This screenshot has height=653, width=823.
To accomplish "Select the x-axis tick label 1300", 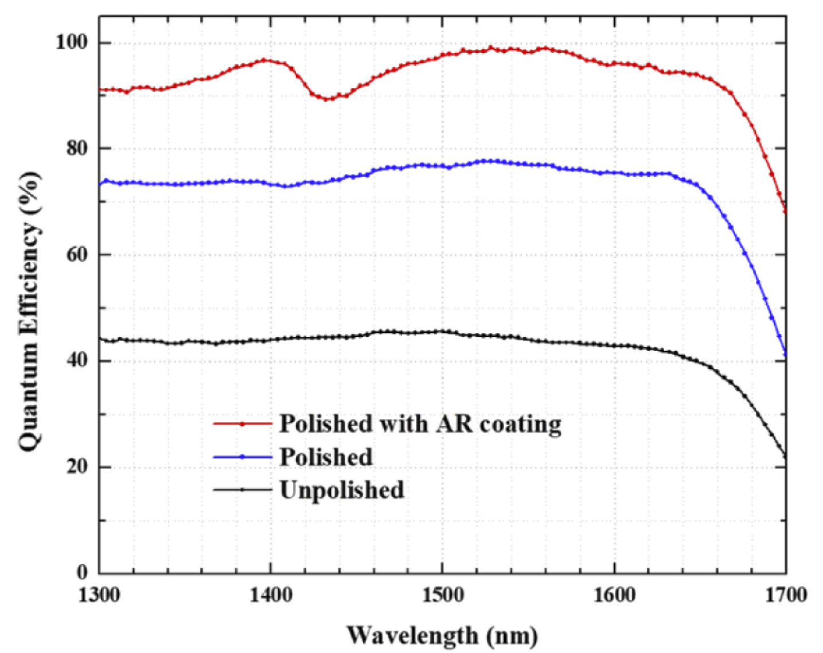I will (99, 595).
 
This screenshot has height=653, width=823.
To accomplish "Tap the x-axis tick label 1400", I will (270, 595).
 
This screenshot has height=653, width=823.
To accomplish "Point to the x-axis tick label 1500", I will (442, 595).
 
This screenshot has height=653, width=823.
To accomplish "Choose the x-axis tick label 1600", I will (614, 595).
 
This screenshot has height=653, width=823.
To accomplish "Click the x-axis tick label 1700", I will (785, 595).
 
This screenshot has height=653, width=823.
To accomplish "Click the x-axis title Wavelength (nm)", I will (442, 635).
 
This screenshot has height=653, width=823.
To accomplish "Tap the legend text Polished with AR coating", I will (420, 424).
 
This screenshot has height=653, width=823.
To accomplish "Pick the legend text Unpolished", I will (342, 490).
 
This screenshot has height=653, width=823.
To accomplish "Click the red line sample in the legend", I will (242, 424).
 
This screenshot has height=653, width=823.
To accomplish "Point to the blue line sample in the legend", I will (242, 457).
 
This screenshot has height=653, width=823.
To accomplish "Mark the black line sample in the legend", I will (242, 490).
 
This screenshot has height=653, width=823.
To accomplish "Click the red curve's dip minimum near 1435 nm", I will (329, 99).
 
